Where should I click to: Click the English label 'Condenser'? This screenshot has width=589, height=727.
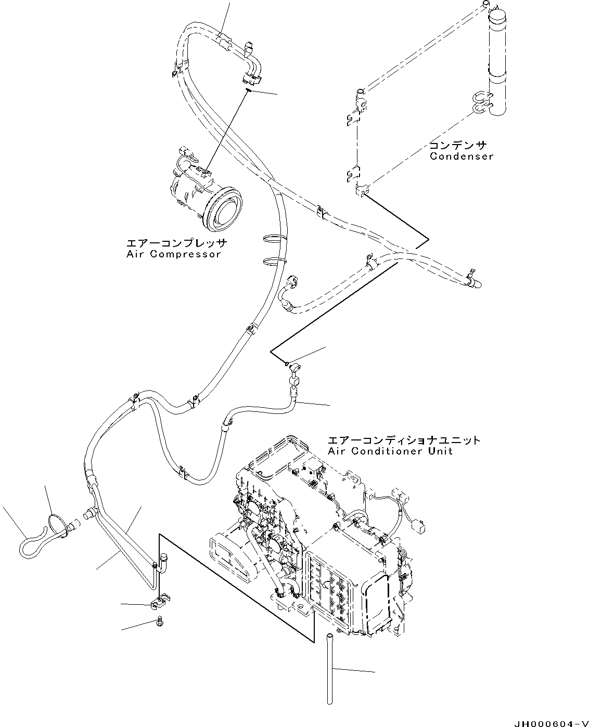pyautogui.click(x=461, y=156)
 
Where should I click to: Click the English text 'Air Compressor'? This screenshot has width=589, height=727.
pyautogui.click(x=173, y=254)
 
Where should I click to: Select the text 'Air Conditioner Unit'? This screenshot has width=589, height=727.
pyautogui.click(x=390, y=451)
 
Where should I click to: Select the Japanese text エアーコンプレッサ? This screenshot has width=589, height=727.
pyautogui.click(x=177, y=243)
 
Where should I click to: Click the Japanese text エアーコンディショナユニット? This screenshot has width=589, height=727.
pyautogui.click(x=404, y=440)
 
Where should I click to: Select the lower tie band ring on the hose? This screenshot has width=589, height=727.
pyautogui.click(x=275, y=259)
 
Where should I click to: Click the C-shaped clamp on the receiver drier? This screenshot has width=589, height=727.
pyautogui.click(x=482, y=102)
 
